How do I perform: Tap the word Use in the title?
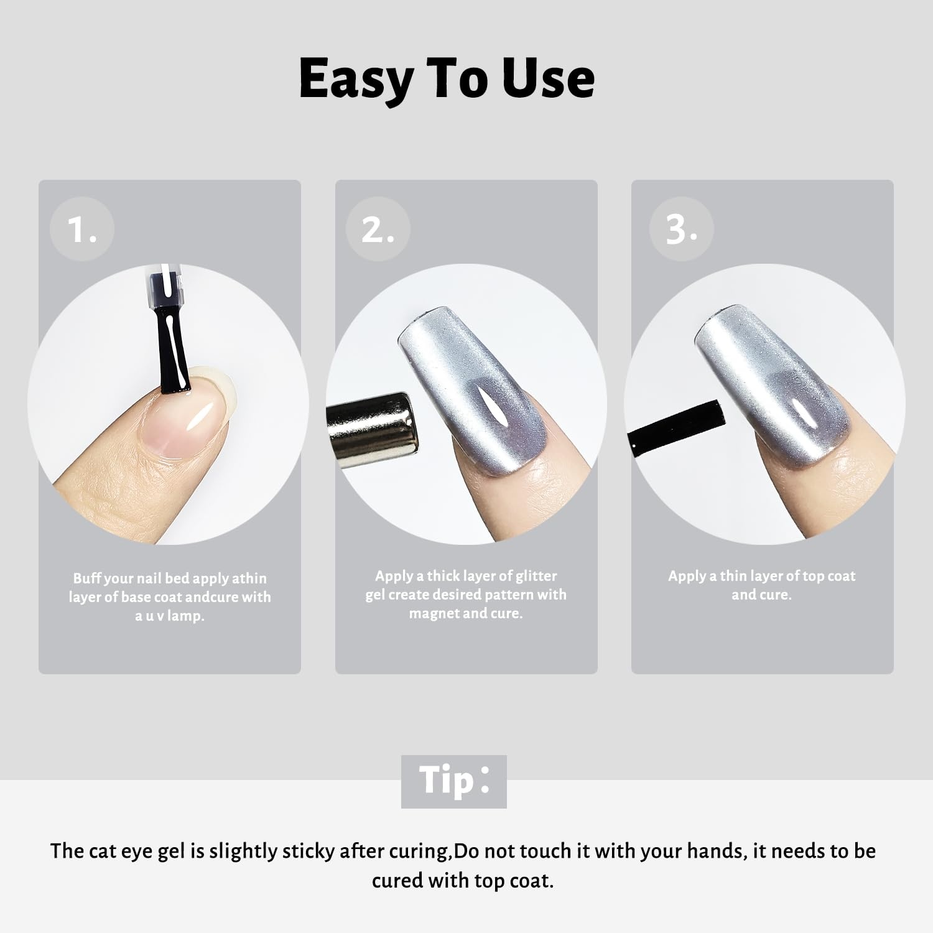(549, 78)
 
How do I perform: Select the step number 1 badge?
(82, 229)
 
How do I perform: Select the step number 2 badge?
(378, 229)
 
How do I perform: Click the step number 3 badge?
(681, 229)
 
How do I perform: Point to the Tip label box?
(454, 781)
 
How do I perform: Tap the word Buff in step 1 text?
(87, 578)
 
